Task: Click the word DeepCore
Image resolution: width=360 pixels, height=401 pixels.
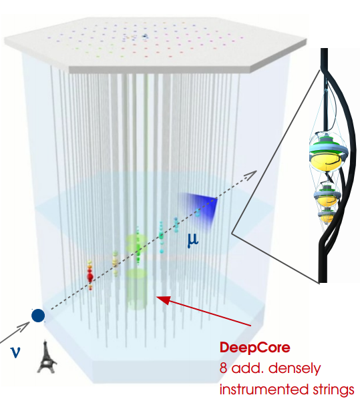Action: (x=254, y=348)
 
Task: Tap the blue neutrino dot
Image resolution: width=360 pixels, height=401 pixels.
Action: (x=38, y=316)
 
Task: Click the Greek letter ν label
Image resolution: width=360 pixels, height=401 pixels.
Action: (x=15, y=352)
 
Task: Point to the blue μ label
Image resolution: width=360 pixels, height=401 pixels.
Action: (x=193, y=240)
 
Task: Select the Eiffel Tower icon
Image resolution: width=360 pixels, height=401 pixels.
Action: (x=47, y=356)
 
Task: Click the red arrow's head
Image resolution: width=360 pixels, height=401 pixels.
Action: (x=163, y=300)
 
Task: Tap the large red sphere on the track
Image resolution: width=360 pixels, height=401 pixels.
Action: (x=90, y=276)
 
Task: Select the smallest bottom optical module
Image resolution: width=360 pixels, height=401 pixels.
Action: (x=326, y=217)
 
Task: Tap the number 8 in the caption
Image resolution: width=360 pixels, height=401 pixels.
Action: (x=223, y=369)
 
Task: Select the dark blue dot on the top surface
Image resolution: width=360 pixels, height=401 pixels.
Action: (x=145, y=36)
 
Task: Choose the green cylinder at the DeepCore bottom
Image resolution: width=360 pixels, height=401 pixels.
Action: (x=136, y=289)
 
